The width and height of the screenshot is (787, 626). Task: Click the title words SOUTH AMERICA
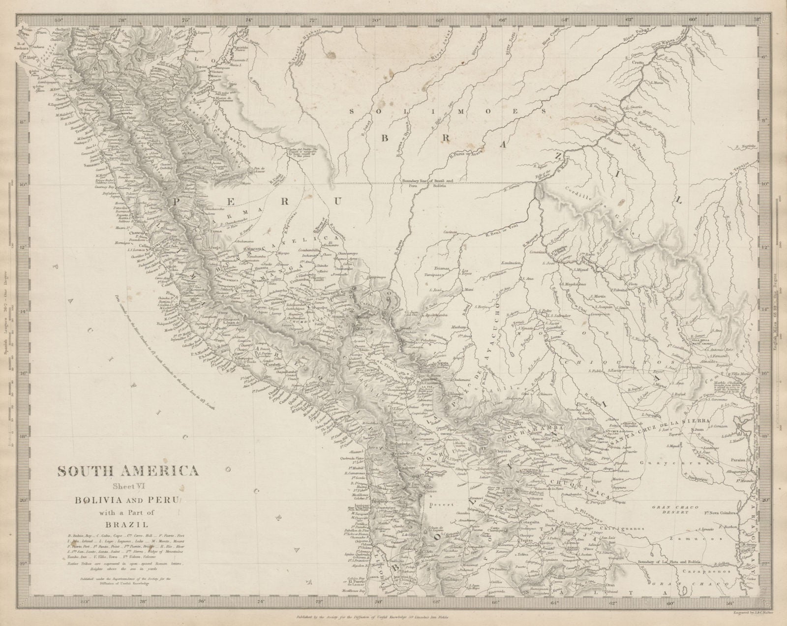pyautogui.click(x=128, y=471)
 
